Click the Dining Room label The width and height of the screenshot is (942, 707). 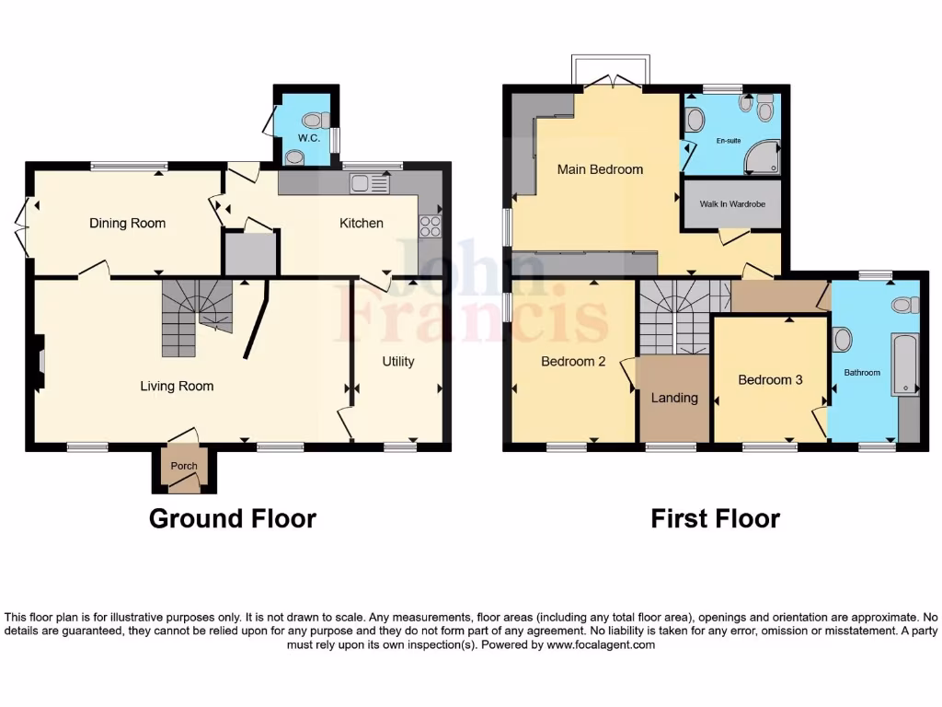(127, 223)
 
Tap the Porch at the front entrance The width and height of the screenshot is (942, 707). (183, 466)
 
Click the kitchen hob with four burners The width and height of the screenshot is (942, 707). (430, 226)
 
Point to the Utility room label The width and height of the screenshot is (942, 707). (397, 362)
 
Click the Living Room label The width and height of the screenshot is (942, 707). (177, 386)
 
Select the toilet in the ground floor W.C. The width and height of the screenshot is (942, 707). (313, 120)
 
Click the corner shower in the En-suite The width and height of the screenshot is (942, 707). (764, 157)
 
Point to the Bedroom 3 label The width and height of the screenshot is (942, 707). (770, 379)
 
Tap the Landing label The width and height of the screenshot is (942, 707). (674, 398)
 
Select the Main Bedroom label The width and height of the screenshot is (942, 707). (600, 169)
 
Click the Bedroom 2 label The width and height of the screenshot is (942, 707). (572, 362)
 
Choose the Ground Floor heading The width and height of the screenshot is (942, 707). (232, 518)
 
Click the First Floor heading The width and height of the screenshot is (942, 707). (715, 518)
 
